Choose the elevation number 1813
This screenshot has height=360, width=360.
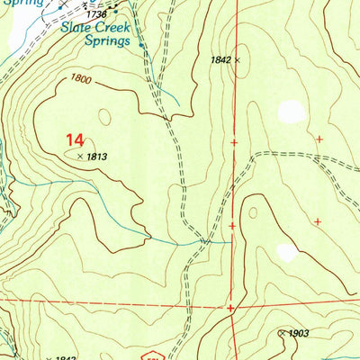98,157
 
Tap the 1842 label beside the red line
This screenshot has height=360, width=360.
220,60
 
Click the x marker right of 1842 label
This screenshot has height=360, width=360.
238,60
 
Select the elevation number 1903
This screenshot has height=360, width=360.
299,333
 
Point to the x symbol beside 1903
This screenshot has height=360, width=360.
282,333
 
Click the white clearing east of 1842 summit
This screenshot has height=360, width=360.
291,112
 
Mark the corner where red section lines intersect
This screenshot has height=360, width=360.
231,307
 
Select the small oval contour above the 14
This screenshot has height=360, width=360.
105,117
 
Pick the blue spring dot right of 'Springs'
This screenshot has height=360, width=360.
141,40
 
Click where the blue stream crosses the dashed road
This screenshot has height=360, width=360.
205,242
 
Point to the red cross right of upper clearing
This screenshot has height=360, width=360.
319,139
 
